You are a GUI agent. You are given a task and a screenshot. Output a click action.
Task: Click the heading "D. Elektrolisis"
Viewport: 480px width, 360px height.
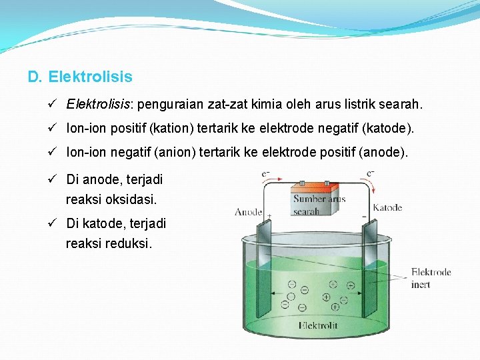tap(80, 77)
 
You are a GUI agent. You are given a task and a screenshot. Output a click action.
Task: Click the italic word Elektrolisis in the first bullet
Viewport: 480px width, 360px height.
tap(99, 105)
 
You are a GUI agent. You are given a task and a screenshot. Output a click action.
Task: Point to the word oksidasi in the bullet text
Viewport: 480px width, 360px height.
tap(132, 199)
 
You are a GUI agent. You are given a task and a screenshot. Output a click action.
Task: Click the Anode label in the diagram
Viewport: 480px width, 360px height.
tap(248, 213)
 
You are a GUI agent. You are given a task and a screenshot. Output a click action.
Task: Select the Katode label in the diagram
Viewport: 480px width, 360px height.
tap(387, 207)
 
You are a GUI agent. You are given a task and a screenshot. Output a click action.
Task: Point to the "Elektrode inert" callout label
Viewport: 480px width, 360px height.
tap(431, 278)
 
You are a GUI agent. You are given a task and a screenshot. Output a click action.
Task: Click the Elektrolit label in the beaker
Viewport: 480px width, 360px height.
tap(318, 326)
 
